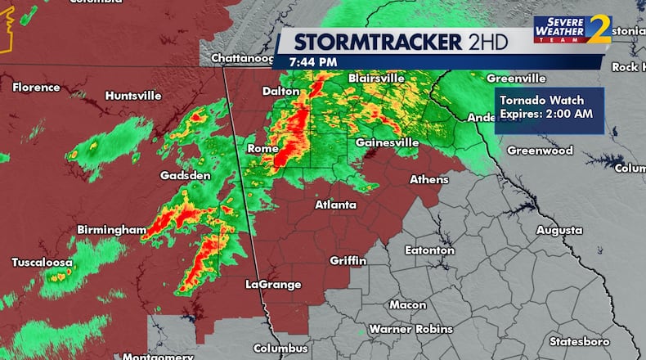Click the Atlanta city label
(x=335, y=205)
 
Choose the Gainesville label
(x=387, y=142)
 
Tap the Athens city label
(x=428, y=179)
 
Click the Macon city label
(x=407, y=304)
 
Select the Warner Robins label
(x=410, y=329)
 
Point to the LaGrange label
(x=273, y=285)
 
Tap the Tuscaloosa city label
(x=42, y=263)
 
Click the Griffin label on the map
(x=348, y=260)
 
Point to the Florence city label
(x=35, y=87)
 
